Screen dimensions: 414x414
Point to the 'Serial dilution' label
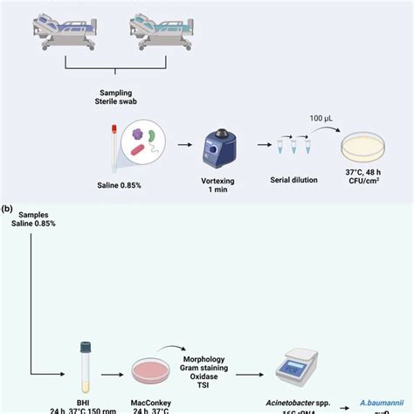(294, 178)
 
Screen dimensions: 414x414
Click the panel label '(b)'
(7, 210)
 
